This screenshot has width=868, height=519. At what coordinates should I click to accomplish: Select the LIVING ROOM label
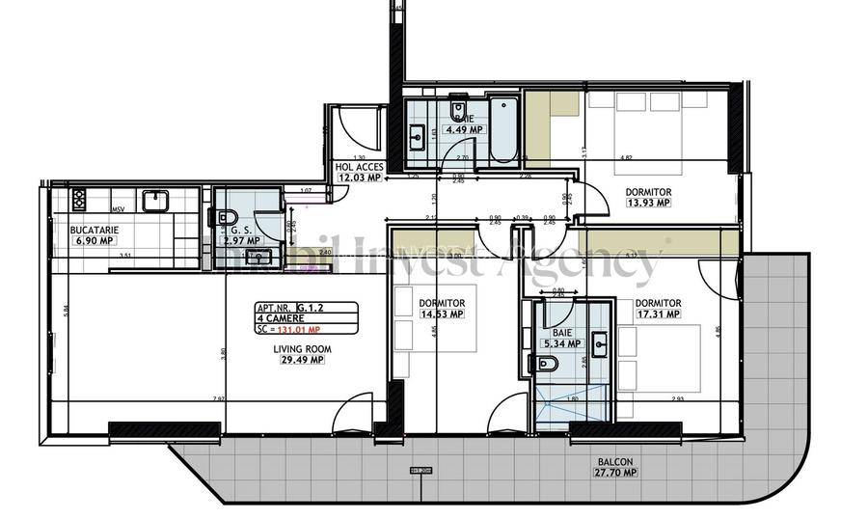tap(300, 350)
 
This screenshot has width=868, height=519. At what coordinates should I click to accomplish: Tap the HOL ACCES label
tap(360, 167)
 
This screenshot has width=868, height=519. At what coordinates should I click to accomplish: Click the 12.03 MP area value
tap(360, 177)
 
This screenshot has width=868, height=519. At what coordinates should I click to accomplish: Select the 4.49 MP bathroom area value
tap(463, 131)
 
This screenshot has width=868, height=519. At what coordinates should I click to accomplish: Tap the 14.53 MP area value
tap(442, 314)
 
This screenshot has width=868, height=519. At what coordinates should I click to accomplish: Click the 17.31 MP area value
tap(660, 314)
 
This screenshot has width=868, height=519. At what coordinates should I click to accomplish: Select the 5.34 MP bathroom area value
tap(561, 342)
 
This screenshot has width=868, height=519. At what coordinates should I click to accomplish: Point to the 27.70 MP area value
tap(614, 473)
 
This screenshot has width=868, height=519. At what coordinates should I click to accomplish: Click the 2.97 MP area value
tap(240, 240)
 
